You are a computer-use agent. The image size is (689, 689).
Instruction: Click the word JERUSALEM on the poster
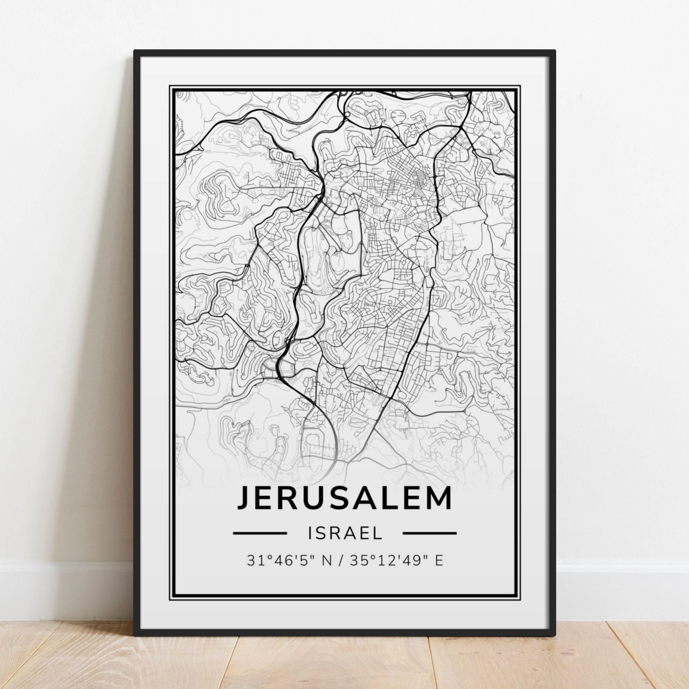click(344, 497)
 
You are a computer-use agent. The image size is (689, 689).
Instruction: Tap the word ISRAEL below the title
click(344, 543)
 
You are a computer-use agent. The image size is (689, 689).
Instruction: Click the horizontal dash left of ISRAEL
click(260, 543)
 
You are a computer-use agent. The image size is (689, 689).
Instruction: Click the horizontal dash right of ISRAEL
click(429, 543)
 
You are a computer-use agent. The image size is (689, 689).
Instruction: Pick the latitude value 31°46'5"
click(274, 570)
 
